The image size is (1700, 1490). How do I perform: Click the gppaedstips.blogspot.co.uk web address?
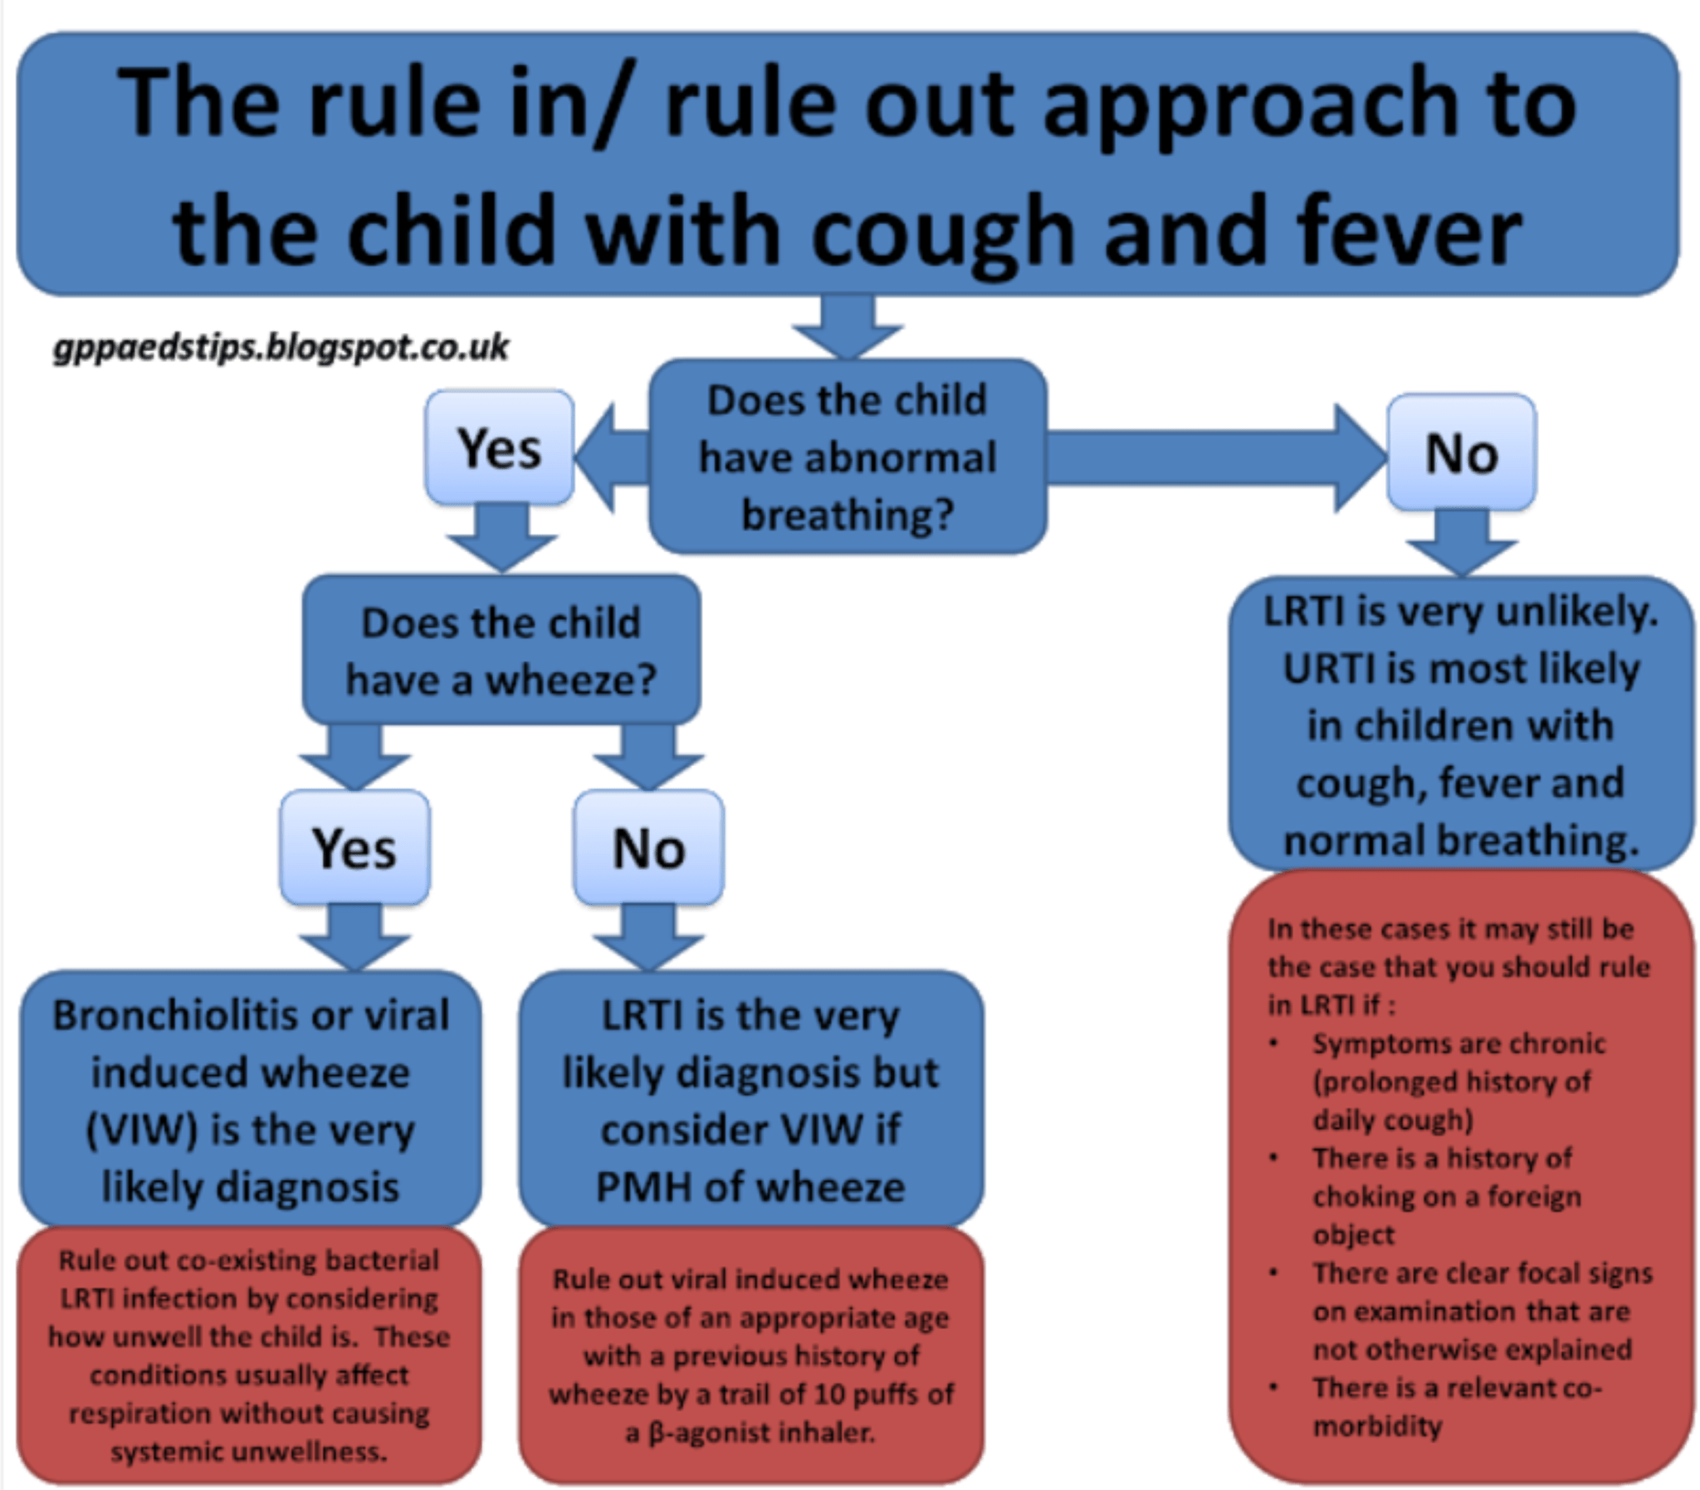[281, 347]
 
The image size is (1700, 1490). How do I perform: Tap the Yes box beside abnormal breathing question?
[500, 448]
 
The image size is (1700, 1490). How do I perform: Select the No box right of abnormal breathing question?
[1462, 453]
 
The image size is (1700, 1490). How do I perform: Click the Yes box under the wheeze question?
[354, 848]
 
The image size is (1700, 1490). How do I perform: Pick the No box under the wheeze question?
[648, 848]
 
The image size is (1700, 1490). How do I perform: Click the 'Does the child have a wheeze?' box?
[501, 651]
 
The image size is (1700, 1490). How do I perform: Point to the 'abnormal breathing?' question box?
[847, 457]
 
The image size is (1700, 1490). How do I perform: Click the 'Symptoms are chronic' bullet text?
[1458, 1043]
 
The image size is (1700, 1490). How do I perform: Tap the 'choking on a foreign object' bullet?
[1447, 1196]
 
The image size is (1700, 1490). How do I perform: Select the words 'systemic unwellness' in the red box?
[249, 1452]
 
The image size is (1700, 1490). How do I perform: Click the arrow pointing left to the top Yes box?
[611, 457]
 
